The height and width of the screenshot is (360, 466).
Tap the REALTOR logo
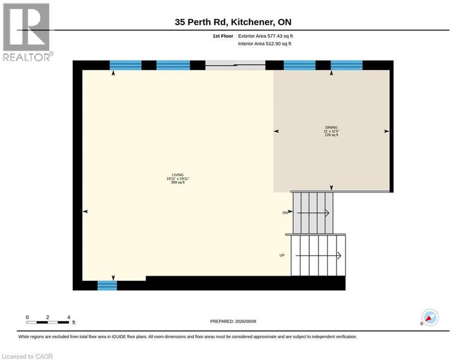tap(27, 32)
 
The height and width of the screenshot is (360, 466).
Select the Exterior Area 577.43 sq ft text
tap(266, 36)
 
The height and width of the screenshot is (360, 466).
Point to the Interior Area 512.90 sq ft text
tap(265, 44)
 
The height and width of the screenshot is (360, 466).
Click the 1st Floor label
tap(223, 36)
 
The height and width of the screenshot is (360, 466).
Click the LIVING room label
tap(178, 175)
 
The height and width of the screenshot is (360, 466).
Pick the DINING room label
tap(331, 127)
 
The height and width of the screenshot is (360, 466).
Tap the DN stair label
tap(285, 213)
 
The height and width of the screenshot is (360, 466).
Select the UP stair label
tap(282, 255)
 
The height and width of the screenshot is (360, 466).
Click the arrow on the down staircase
tap(313, 213)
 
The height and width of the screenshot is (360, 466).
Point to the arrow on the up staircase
tap(318, 256)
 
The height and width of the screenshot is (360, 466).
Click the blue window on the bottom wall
tap(107, 285)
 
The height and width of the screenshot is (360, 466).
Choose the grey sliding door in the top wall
tap(236, 65)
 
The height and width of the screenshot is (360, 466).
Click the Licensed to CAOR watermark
tap(27, 356)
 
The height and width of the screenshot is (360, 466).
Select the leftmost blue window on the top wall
tap(126, 65)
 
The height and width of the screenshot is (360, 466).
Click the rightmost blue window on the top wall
tap(346, 65)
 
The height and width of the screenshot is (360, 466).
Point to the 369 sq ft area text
tap(178, 182)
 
